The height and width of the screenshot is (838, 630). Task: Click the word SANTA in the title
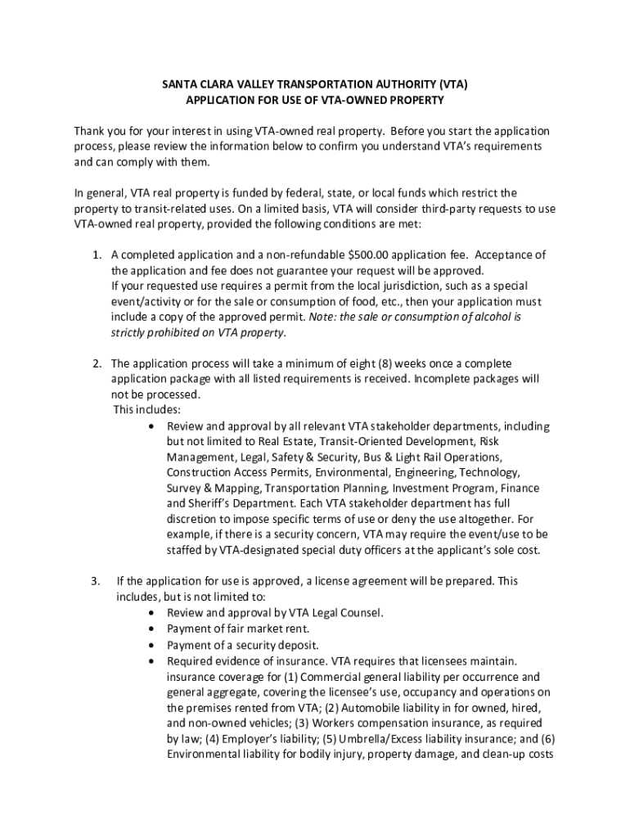click(178, 84)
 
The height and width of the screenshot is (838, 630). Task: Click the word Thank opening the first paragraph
click(90, 131)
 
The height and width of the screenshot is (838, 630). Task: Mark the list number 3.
click(96, 581)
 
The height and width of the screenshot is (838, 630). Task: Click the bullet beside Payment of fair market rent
click(155, 628)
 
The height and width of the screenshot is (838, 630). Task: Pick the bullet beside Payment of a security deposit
click(155, 644)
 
